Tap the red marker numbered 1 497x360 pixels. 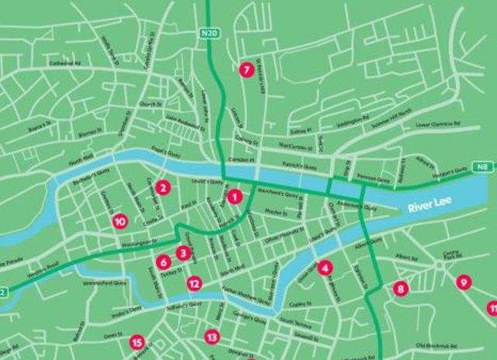pyautogui.click(x=234, y=197)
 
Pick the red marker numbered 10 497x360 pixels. pyautogui.click(x=120, y=222)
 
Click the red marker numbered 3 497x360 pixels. pyautogui.click(x=182, y=252)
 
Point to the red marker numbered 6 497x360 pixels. pyautogui.click(x=163, y=262)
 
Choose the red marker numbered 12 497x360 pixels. pyautogui.click(x=193, y=284)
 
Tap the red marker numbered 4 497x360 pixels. pyautogui.click(x=325, y=268)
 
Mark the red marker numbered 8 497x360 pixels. pyautogui.click(x=401, y=289)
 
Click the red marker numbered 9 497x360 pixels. pyautogui.click(x=463, y=282)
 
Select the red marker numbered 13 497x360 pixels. pyautogui.click(x=211, y=337)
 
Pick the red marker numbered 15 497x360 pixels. pyautogui.click(x=137, y=341)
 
